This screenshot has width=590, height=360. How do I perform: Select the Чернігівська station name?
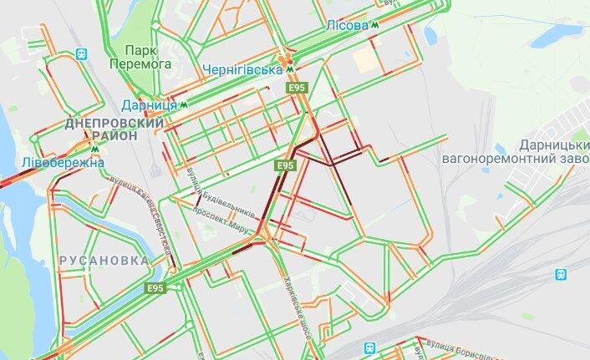(242, 69)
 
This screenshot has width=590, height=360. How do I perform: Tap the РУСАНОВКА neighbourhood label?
(104, 261)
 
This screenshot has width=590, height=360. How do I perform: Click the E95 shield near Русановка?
(153, 290)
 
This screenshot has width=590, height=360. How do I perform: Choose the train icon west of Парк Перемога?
(81, 53)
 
